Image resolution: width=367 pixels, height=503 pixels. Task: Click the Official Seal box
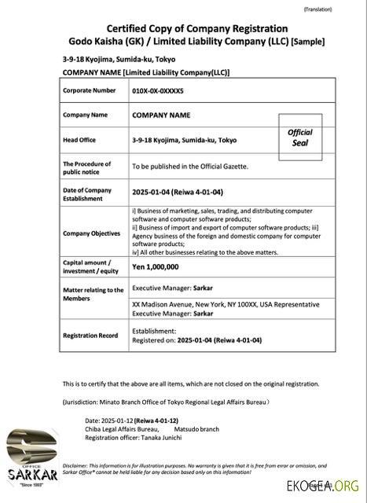(x=299, y=138)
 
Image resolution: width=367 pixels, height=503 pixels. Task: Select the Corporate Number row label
(x=89, y=91)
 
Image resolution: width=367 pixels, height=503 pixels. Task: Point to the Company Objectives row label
(x=91, y=233)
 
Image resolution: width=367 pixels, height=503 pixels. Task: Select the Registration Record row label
(x=90, y=336)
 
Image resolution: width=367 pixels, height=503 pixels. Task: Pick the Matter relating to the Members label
(x=93, y=294)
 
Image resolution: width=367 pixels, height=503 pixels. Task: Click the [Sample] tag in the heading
(x=308, y=41)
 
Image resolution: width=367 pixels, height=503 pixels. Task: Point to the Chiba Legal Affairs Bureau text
(x=122, y=429)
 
